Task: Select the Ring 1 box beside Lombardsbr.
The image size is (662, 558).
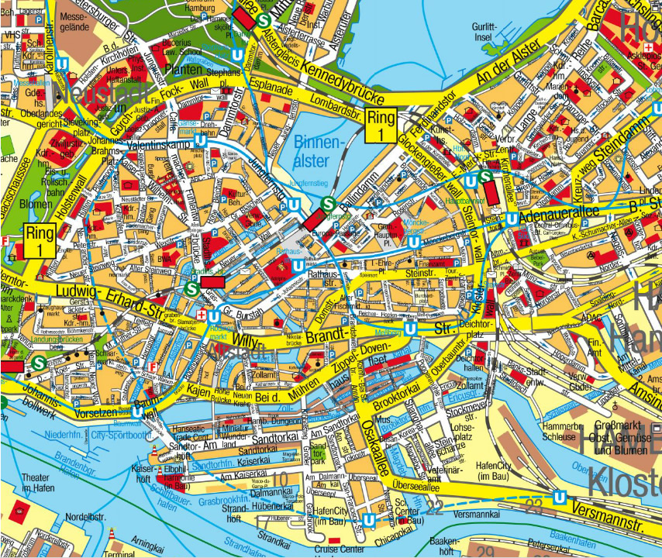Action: click(381, 125)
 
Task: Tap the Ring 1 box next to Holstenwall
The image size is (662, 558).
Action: click(39, 241)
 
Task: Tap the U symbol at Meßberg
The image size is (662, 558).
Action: click(411, 329)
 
